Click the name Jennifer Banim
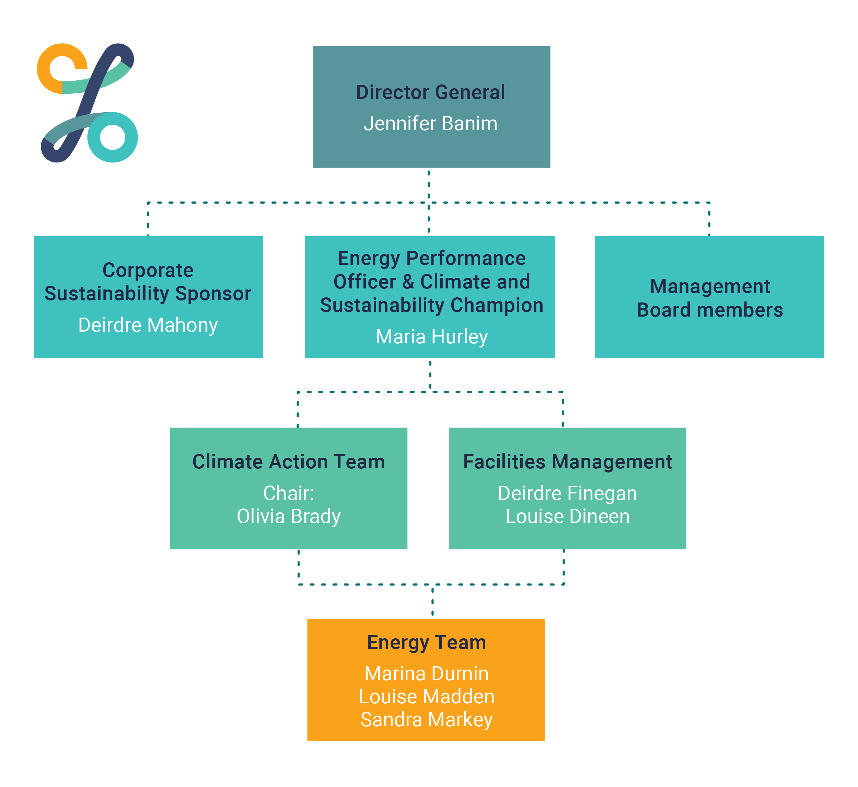[430, 124]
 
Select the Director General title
[430, 92]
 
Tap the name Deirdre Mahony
[148, 326]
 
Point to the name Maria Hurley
[431, 337]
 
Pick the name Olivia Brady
[289, 516]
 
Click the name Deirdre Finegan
[567, 493]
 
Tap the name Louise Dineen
[567, 516]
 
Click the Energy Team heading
[427, 643]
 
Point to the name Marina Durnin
[427, 674]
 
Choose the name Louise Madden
[427, 697]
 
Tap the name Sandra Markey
[427, 720]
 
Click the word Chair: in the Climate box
[289, 493]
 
